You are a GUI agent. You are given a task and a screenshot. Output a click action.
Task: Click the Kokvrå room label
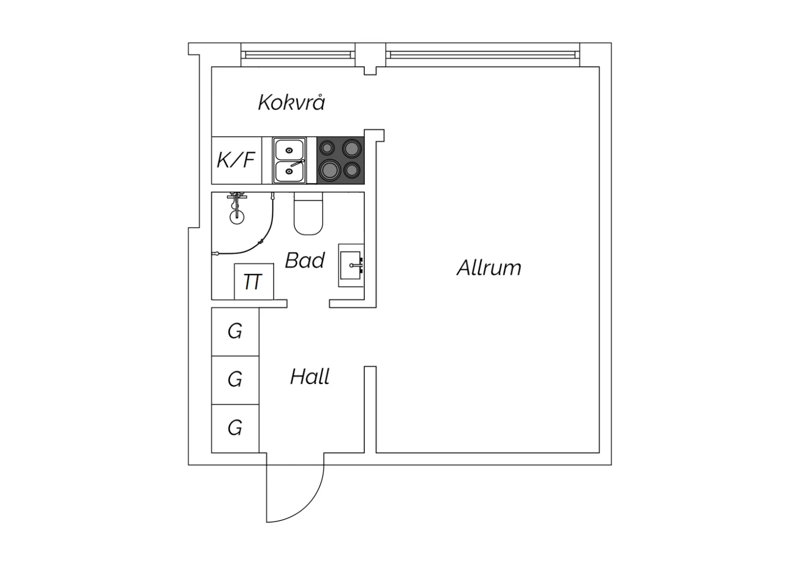[291, 102]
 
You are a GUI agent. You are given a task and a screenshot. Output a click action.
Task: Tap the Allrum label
[489, 268]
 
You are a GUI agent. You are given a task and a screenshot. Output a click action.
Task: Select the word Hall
[310, 376]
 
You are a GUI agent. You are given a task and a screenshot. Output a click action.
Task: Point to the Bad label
[305, 260]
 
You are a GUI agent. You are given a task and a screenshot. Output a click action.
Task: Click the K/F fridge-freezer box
[236, 160]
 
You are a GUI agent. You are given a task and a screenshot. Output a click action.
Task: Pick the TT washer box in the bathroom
[254, 281]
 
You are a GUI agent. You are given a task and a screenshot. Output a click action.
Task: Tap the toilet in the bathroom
[308, 213]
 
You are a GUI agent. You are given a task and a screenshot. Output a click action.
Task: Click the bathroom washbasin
[351, 265]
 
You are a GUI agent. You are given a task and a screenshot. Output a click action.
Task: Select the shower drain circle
[237, 217]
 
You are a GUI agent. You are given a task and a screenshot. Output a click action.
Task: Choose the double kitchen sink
[289, 160]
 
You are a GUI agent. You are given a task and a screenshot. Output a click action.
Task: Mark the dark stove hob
[340, 160]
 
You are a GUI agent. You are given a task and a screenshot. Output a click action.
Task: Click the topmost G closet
[235, 332]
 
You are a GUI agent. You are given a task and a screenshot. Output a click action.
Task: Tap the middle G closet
[235, 380]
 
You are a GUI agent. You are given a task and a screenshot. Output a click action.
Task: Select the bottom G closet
[235, 429]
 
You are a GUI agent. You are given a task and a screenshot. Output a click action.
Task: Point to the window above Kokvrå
[298, 54]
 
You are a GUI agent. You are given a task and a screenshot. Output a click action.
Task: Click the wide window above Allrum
[483, 54]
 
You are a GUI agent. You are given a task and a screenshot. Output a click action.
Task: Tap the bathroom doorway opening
[308, 304]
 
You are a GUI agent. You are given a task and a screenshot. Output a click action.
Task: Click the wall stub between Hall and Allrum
[370, 409]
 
